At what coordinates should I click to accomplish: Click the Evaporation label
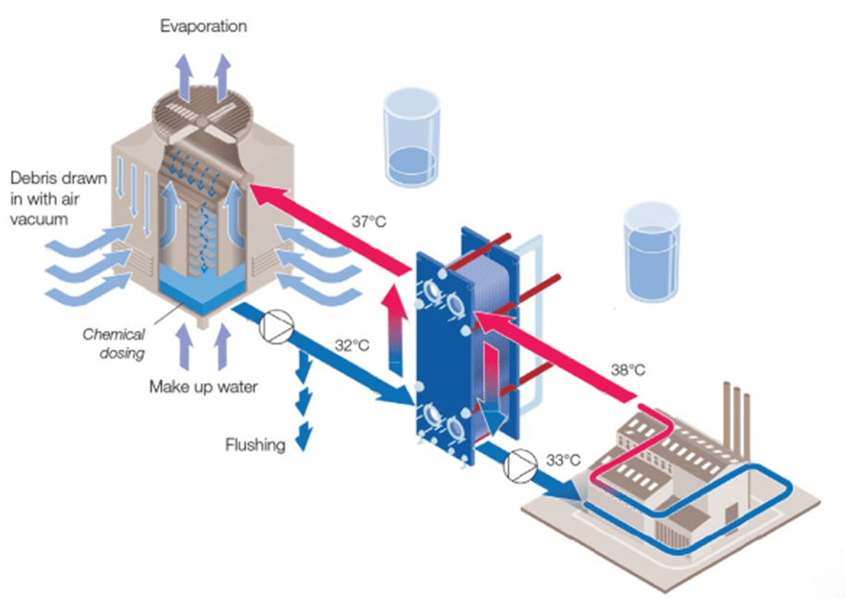(x=204, y=27)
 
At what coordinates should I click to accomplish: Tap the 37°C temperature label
(x=369, y=221)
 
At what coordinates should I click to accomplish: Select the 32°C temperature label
(x=352, y=345)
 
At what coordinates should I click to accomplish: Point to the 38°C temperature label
(x=628, y=369)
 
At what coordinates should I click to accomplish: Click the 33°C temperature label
(x=563, y=460)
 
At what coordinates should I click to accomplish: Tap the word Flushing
(x=255, y=445)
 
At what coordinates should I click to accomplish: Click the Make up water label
(x=204, y=387)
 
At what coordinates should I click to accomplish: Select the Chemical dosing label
(x=114, y=344)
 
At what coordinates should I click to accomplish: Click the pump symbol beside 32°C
(x=277, y=327)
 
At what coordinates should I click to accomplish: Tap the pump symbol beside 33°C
(x=520, y=466)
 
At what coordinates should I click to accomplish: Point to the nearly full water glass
(x=652, y=252)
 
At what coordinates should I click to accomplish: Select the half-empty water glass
(x=412, y=138)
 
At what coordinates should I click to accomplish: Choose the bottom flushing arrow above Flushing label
(x=304, y=436)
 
